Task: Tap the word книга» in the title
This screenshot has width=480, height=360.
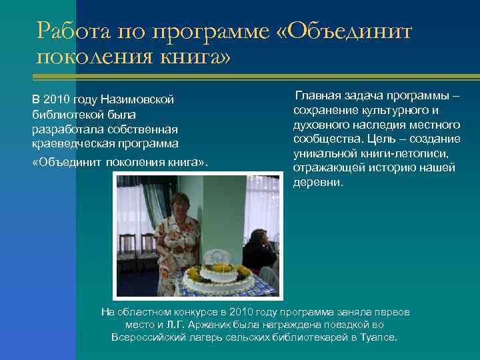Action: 193,58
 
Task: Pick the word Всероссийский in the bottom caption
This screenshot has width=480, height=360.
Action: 145,337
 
